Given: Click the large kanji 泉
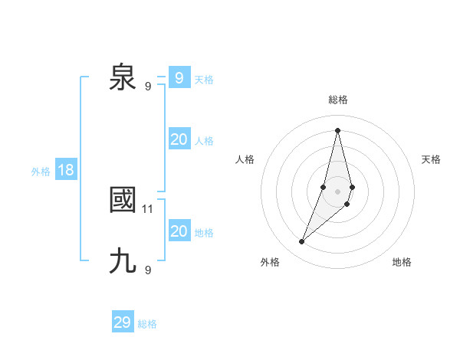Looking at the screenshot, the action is click(x=123, y=78).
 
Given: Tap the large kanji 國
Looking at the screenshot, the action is click(x=123, y=201).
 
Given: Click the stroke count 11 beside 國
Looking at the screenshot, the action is click(x=148, y=208).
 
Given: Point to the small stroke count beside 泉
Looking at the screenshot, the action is click(x=148, y=86).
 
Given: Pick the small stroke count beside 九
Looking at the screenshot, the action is click(x=148, y=270).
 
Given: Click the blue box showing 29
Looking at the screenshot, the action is click(x=123, y=322).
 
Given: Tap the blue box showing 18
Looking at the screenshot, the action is click(x=66, y=170).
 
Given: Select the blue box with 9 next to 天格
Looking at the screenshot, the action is click(x=179, y=78).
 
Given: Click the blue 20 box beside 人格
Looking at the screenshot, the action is click(x=179, y=139).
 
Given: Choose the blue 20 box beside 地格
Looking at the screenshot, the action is click(x=179, y=231).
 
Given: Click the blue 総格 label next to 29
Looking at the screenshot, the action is click(x=147, y=324).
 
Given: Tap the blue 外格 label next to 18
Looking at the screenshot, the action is click(x=41, y=172).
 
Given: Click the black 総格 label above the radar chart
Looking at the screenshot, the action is click(x=337, y=100).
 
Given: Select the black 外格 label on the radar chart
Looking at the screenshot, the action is click(x=270, y=262).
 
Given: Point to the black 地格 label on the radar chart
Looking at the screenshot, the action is click(x=402, y=262).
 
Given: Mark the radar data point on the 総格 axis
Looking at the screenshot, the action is click(x=337, y=130).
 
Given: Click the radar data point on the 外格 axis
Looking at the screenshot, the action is click(x=302, y=242).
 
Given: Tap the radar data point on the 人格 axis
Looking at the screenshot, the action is click(x=324, y=187).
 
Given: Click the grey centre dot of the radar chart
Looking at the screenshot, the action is click(x=337, y=191).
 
